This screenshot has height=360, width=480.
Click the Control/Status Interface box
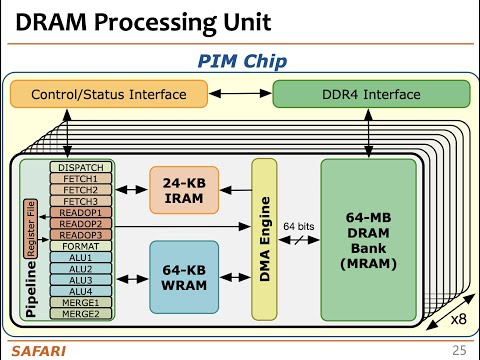(x=109, y=95)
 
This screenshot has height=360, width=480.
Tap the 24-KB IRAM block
(x=183, y=190)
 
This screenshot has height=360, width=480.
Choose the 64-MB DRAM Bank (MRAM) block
(x=366, y=240)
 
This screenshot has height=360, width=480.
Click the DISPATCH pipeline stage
(x=80, y=166)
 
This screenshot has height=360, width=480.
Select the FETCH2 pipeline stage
(x=80, y=190)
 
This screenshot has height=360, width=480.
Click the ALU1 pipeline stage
(x=80, y=258)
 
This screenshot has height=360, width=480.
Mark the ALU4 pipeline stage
(x=80, y=291)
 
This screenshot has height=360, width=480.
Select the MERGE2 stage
(x=80, y=314)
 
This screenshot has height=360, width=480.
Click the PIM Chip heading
(x=241, y=62)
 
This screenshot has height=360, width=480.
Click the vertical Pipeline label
(x=30, y=285)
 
